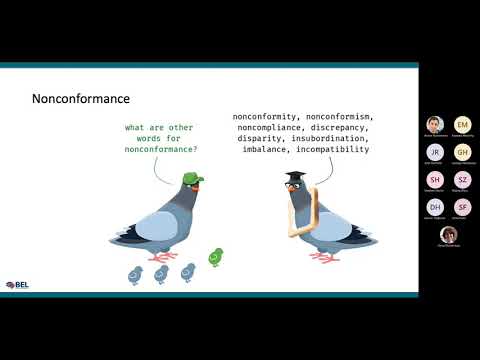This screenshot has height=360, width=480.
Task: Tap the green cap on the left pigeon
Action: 192,178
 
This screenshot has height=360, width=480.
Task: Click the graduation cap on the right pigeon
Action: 295,178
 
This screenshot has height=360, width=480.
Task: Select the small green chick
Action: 215,257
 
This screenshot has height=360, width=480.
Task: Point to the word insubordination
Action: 325,138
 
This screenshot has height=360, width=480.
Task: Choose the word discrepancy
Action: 336,127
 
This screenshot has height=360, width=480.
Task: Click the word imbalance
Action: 267,149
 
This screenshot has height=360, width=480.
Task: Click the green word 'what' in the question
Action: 136,127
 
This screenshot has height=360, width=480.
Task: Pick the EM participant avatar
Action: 462,124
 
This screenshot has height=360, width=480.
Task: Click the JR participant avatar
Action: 435,151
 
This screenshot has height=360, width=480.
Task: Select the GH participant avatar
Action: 462,151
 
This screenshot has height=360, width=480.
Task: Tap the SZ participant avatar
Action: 462,179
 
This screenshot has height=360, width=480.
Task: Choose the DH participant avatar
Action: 435,206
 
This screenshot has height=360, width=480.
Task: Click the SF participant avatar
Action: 462,206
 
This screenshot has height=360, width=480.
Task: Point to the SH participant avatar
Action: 435,179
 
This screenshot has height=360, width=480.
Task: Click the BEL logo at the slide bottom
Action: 16,285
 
